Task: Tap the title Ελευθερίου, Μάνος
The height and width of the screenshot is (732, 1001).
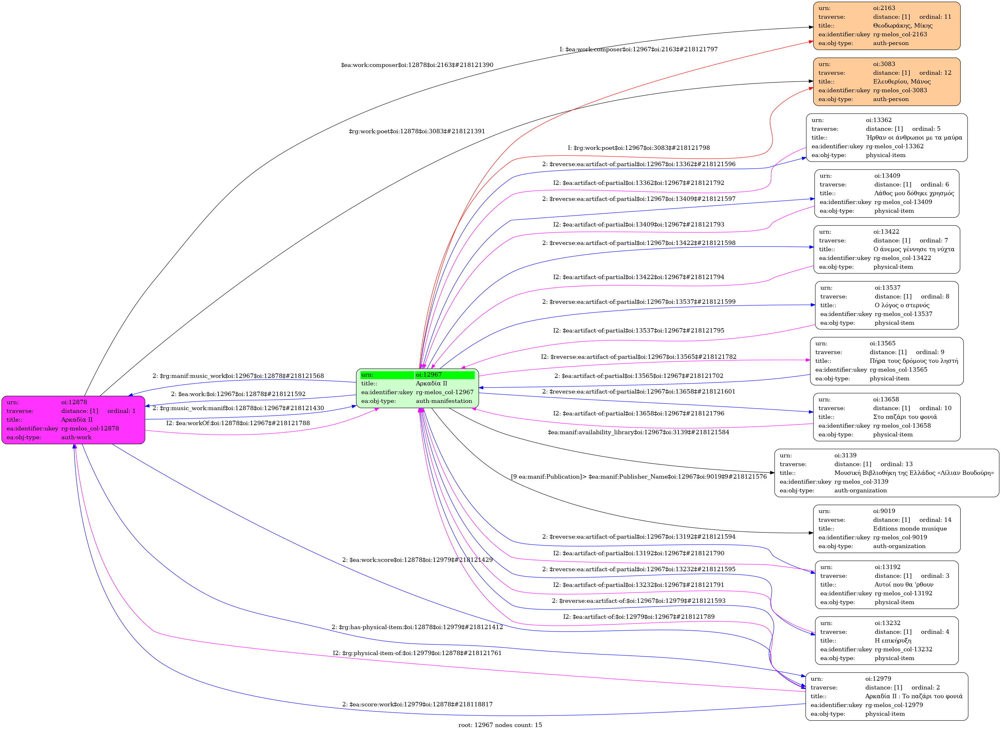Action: pyautogui.click(x=902, y=82)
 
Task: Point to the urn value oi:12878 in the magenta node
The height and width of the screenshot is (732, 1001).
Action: pyautogui.click(x=74, y=402)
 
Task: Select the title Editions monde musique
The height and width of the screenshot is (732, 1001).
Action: pyautogui.click(x=910, y=529)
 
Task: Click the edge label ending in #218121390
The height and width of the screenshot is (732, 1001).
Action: pyautogui.click(x=417, y=65)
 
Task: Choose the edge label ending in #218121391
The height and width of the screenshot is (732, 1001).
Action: pyautogui.click(x=417, y=132)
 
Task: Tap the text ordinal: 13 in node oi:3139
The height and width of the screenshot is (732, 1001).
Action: pyautogui.click(x=897, y=464)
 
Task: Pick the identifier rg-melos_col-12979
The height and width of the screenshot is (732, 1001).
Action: pyautogui.click(x=894, y=705)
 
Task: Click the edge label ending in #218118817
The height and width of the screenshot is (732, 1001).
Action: pyautogui.click(x=417, y=704)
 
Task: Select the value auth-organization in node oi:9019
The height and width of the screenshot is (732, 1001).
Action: pyautogui.click(x=899, y=546)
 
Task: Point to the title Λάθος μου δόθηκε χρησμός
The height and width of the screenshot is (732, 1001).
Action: pyautogui.click(x=914, y=193)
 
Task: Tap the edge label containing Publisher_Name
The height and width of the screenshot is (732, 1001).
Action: pyautogui.click(x=638, y=477)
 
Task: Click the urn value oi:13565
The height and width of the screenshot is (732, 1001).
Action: pyautogui.click(x=882, y=343)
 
